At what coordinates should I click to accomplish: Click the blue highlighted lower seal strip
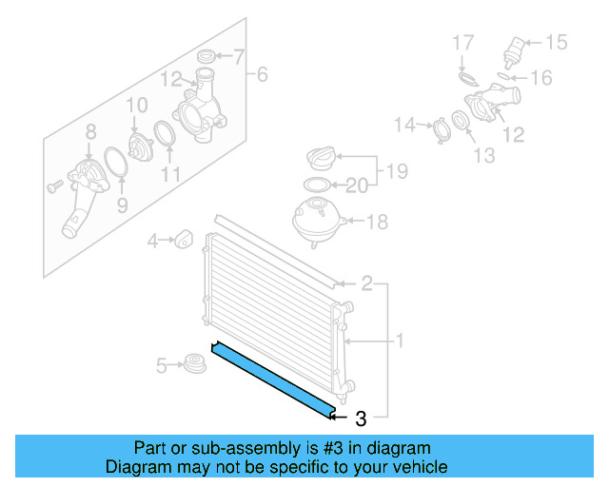click(x=272, y=378)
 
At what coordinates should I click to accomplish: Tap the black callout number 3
click(x=360, y=418)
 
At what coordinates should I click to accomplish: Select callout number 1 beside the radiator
click(x=401, y=340)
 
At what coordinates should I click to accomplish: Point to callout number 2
click(x=366, y=282)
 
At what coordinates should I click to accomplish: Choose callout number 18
click(x=378, y=222)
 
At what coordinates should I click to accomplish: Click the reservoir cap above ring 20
click(x=320, y=158)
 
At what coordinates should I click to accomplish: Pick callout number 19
click(x=397, y=172)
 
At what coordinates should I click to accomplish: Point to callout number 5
click(x=162, y=363)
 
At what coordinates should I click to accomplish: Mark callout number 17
click(x=462, y=43)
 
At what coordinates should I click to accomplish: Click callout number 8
click(x=91, y=131)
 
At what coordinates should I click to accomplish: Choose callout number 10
click(x=136, y=105)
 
